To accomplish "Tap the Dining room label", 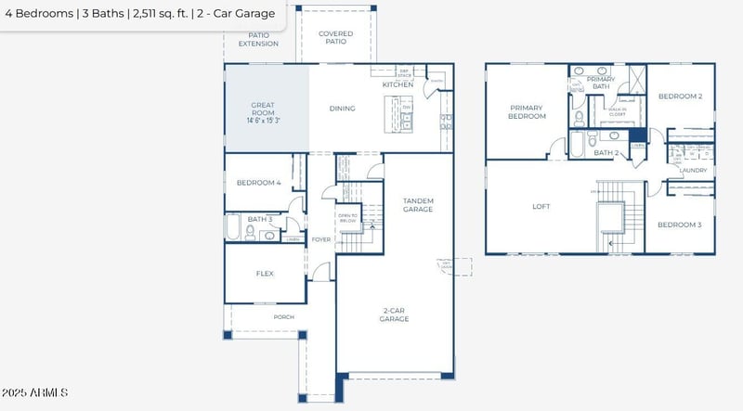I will [x=342, y=109].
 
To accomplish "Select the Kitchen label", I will [x=398, y=84].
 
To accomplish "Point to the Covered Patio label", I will [x=335, y=37].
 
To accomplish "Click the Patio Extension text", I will [x=258, y=39].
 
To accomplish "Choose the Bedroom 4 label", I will [x=258, y=183].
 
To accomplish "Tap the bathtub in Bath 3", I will [x=233, y=227].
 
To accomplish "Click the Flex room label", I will [x=264, y=274].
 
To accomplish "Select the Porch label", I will [x=283, y=317].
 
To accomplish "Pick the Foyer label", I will [x=320, y=239].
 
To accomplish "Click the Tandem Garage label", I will [x=417, y=205].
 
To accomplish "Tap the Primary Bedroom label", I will [x=526, y=112].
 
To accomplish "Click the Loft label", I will [x=541, y=207].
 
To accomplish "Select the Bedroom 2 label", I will [x=680, y=96].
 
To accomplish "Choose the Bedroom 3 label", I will [x=679, y=225].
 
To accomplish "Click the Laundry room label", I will [x=693, y=171].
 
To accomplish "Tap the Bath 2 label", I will [x=606, y=153].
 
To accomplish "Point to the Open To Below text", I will [x=349, y=219].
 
